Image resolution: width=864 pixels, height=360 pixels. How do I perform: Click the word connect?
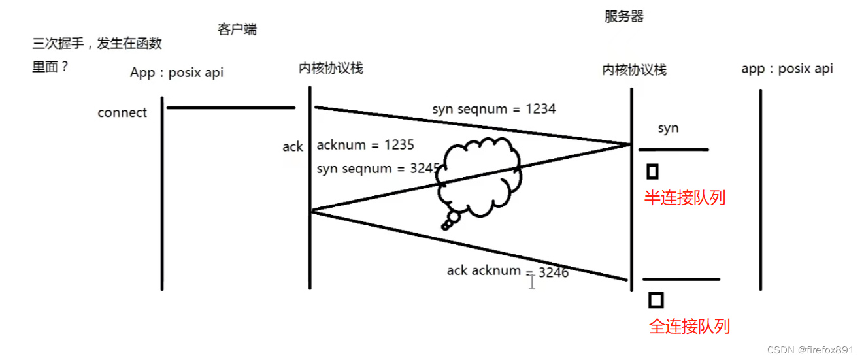122,112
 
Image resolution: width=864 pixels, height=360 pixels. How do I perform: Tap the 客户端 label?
237,29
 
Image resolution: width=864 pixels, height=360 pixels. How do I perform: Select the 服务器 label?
624,17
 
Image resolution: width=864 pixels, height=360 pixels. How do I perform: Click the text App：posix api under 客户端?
176,73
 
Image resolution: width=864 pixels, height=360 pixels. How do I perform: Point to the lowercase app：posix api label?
787,69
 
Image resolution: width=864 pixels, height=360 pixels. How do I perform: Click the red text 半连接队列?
684,197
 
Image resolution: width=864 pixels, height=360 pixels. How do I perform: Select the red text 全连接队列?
689,326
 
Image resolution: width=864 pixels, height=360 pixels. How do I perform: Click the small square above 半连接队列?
652,172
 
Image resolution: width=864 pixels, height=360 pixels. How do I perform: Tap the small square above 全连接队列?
656,300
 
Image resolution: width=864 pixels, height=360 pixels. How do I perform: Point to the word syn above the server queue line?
668,128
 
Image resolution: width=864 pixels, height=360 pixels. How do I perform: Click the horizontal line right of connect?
231,108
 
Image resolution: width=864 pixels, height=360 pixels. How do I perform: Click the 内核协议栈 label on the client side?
331,68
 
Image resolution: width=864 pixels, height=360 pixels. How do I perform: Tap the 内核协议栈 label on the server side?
634,70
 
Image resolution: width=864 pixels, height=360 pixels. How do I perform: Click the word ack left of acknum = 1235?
292,147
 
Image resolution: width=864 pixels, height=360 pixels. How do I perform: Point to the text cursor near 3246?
532,282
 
